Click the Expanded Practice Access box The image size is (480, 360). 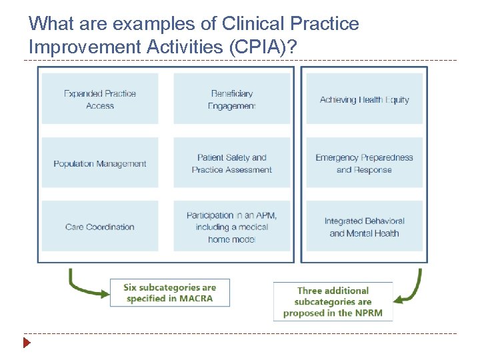(x=100, y=99)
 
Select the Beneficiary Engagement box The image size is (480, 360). (x=232, y=99)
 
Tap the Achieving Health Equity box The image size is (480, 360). (x=364, y=99)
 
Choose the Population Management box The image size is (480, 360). (x=100, y=164)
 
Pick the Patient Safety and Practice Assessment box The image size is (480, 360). (x=232, y=164)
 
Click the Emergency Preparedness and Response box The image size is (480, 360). (x=364, y=164)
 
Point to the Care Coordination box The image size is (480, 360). (x=100, y=227)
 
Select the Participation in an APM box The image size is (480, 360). (x=232, y=227)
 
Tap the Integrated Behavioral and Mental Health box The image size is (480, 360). (x=364, y=227)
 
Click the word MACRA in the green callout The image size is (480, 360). (x=196, y=299)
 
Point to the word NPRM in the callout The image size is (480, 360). (x=369, y=313)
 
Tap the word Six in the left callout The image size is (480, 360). (x=132, y=287)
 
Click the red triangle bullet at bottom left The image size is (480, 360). (x=27, y=344)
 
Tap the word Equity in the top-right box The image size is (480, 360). (x=397, y=100)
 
